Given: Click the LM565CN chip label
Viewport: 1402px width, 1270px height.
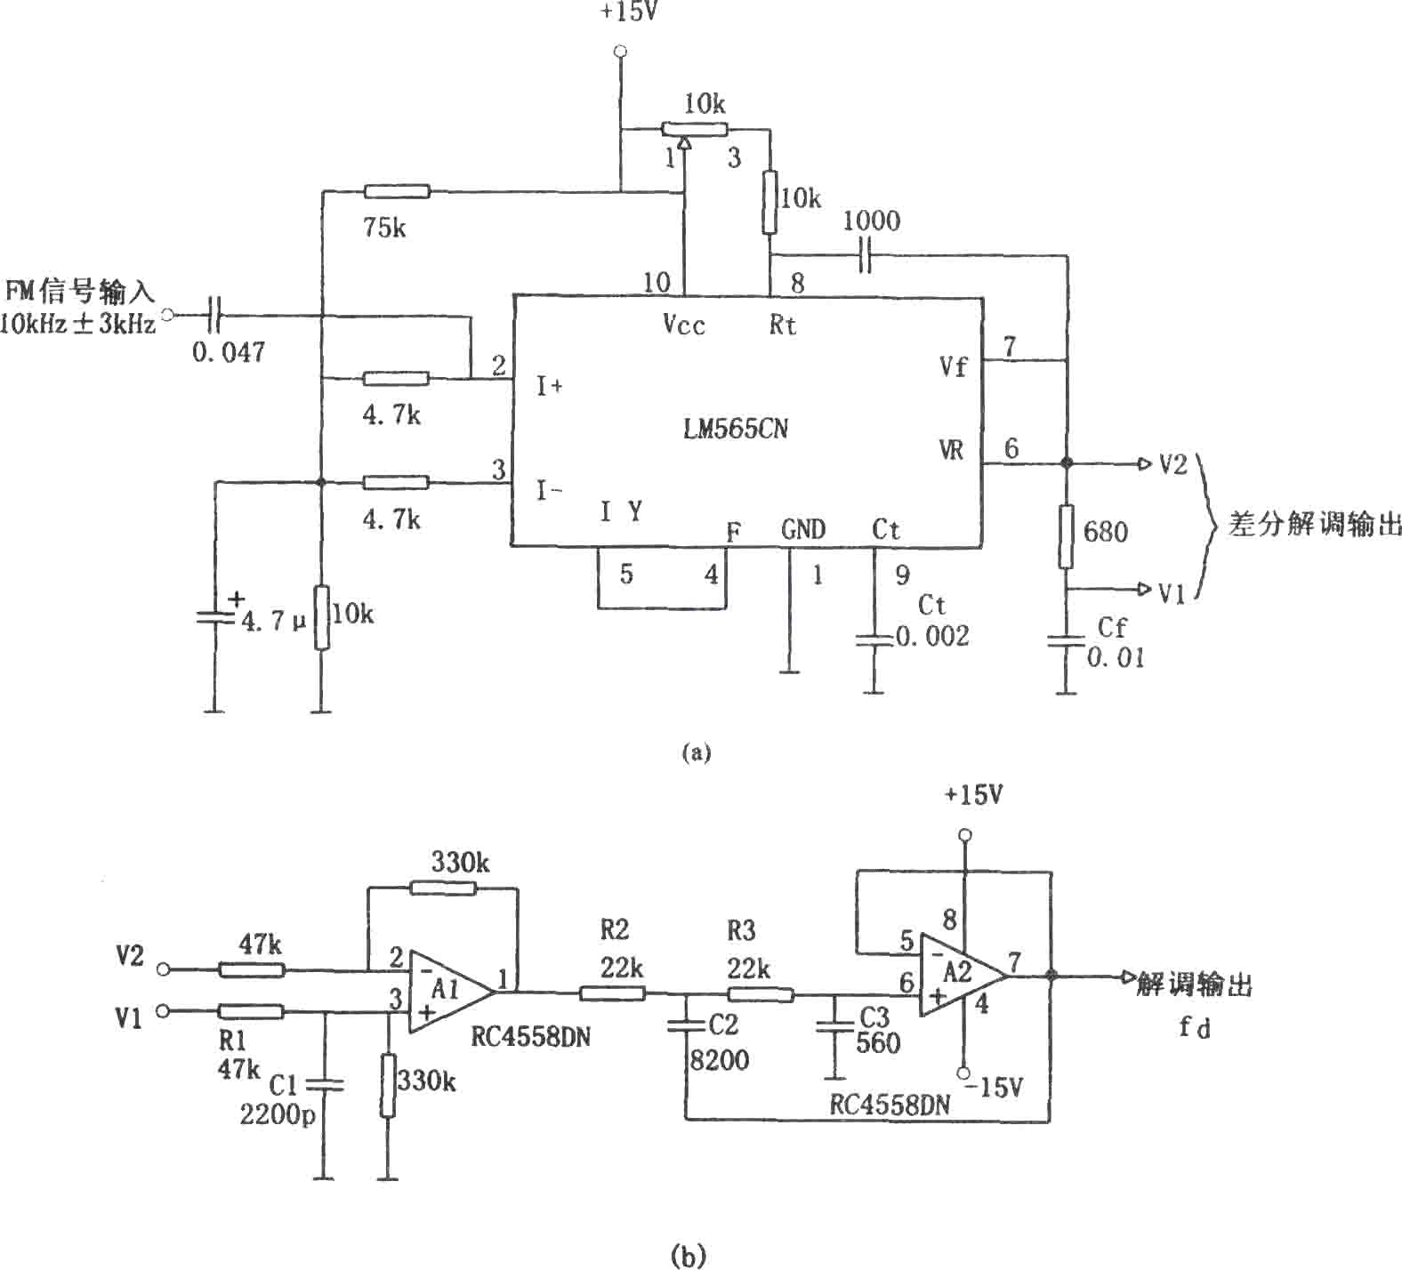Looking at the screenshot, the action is (x=735, y=429).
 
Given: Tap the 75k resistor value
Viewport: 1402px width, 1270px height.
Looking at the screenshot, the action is (x=385, y=229).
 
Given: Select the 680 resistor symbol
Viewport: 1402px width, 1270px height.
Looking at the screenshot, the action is (x=1066, y=536).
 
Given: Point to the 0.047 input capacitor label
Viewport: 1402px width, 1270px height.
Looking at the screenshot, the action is (x=229, y=352).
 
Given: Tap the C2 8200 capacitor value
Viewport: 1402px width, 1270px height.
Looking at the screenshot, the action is (x=720, y=1060).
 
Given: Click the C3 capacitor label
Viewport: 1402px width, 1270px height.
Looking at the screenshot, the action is (x=874, y=1017).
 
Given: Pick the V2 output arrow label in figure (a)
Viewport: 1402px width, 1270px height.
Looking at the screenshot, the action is (x=1172, y=464).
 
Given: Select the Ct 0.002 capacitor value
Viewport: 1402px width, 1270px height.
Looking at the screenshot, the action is (x=932, y=636).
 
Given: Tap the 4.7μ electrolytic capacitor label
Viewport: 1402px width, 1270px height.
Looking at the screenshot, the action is (x=274, y=620).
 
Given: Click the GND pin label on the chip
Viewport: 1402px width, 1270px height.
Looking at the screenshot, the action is (x=803, y=530).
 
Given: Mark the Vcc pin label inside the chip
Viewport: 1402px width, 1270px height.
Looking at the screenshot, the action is (x=684, y=325).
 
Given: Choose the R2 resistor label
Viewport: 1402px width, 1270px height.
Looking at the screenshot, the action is (x=615, y=930).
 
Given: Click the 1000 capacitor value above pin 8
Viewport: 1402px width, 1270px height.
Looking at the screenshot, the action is (x=872, y=221).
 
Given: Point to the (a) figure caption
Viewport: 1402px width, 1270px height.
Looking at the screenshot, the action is (x=696, y=752).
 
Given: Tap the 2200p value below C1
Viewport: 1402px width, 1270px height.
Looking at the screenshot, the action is (x=278, y=1114).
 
